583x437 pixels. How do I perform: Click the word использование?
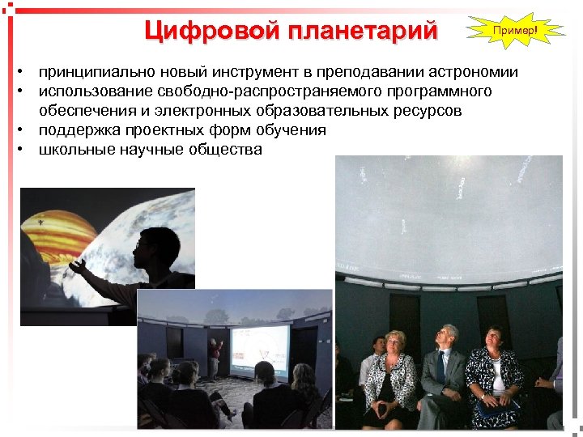click(x=97, y=91)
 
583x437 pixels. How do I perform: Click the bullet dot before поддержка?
click(x=27, y=130)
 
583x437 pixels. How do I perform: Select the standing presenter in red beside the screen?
click(x=215, y=357)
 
